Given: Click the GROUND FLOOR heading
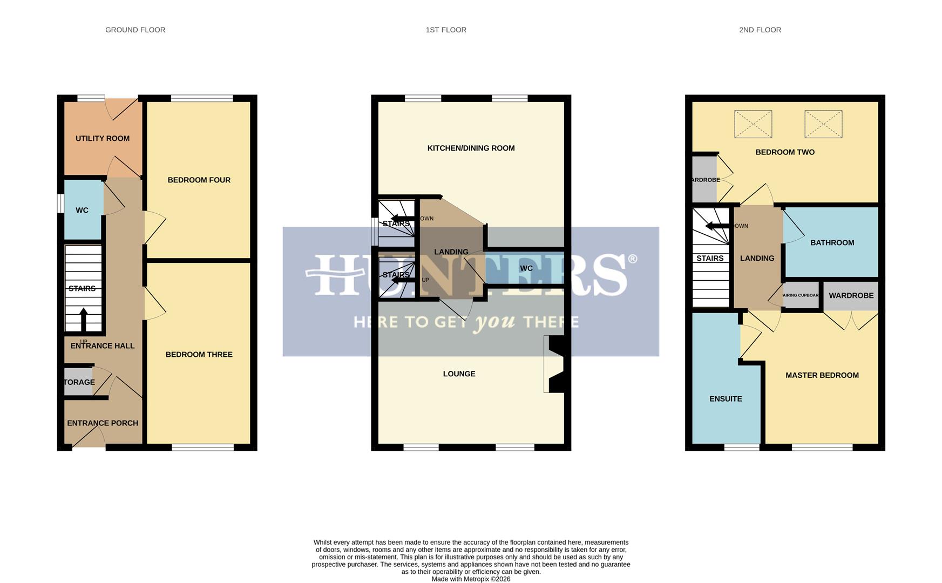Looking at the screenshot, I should pos(135,30).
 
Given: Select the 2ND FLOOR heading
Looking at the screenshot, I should pos(760,30).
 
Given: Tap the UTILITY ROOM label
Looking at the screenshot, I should pos(103,138).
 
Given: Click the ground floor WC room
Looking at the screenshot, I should pos(82,210).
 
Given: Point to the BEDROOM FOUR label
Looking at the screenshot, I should pos(199,180).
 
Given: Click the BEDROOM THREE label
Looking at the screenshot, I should pos(199,354).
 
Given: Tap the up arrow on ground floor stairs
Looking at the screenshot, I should pos(83,318).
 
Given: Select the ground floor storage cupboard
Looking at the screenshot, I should pos(78,382).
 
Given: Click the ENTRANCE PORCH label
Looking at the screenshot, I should pos(103,423).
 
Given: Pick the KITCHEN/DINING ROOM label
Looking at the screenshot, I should pos(471,148).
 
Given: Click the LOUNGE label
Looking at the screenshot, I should pos(459,374).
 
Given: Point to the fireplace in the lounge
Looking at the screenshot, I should pos(555,364).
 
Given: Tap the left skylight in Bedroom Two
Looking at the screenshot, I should pos(753,124).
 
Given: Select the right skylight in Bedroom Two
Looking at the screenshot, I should pos(823,124).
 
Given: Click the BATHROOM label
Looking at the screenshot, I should pos(832,242).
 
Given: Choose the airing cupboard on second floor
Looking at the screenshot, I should pos(801,295).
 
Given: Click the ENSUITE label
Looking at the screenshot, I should pos(726,398).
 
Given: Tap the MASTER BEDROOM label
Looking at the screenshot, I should pos(822,375).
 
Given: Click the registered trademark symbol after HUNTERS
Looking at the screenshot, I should pos(632,259).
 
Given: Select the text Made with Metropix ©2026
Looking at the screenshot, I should pos(471,579).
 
